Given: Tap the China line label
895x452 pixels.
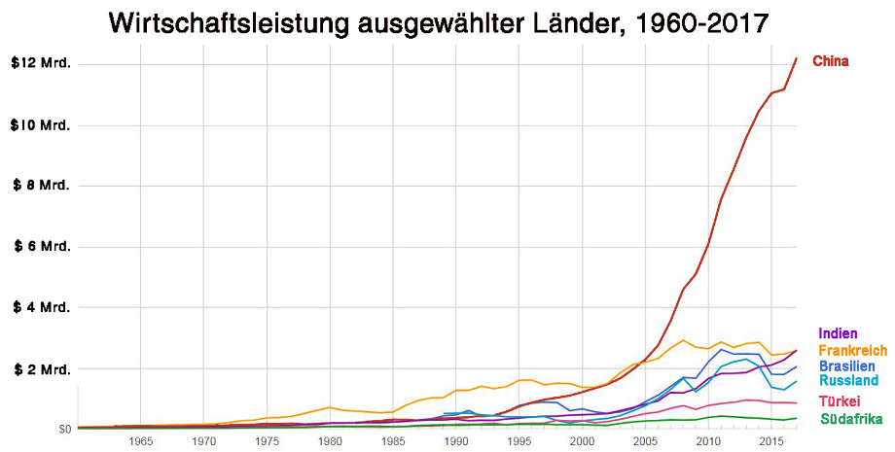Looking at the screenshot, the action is [x=831, y=61].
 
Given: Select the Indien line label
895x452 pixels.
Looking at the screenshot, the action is [x=838, y=333].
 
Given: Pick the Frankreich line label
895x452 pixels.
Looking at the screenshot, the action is [x=853, y=350].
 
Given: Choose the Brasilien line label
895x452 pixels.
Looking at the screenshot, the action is [x=846, y=365].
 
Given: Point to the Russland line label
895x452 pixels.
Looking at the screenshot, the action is [x=848, y=380].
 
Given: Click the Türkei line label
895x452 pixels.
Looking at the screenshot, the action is [x=839, y=401].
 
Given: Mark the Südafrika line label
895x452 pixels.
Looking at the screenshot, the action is [x=851, y=419].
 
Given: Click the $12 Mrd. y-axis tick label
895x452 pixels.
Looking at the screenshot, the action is [x=41, y=63].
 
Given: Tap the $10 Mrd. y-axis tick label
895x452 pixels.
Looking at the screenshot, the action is [x=40, y=125].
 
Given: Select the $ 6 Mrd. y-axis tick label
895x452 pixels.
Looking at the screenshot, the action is [x=42, y=246].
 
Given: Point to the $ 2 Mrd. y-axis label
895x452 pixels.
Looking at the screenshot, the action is [x=42, y=369].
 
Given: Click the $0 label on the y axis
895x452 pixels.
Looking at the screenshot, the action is [x=65, y=429].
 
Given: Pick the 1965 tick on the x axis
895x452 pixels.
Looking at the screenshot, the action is [x=140, y=441].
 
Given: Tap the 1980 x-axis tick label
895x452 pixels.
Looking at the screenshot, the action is [x=330, y=441].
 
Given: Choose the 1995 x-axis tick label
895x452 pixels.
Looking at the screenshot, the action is [x=519, y=441].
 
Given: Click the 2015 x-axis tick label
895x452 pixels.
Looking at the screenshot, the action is [x=771, y=441].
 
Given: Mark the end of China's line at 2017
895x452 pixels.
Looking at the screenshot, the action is [x=797, y=58].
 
